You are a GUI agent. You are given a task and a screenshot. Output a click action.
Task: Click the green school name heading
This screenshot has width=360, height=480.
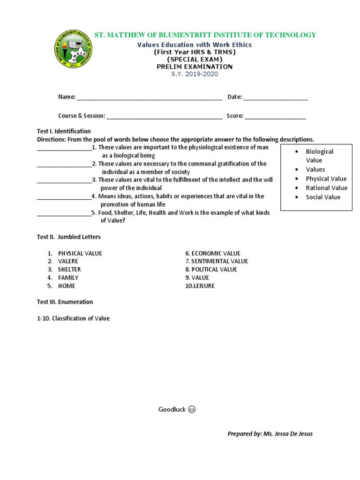[x=205, y=35]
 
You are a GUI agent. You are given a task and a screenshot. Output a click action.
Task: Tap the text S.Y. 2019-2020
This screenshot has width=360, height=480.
[x=194, y=74]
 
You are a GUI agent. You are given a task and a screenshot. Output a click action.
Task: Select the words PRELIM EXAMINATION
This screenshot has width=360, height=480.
[x=194, y=67]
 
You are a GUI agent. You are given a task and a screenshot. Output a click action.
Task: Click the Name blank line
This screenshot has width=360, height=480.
[x=149, y=97]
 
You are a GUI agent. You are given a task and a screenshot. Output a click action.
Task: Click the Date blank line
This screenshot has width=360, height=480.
[x=276, y=97]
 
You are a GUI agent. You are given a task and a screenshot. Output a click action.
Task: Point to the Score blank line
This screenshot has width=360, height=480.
[x=275, y=116]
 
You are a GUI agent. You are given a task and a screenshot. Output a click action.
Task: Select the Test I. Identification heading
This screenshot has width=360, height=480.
[x=64, y=131]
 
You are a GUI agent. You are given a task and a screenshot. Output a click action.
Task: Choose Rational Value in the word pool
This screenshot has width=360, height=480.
[x=326, y=188]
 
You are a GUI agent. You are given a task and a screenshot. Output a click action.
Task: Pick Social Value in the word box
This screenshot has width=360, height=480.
[x=323, y=197]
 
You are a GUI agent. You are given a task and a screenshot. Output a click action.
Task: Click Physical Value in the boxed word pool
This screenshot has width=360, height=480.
[x=326, y=179]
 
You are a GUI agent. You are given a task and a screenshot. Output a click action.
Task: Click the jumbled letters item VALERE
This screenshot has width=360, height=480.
[x=68, y=261]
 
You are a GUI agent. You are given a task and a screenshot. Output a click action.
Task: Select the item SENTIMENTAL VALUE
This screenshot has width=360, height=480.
[x=219, y=261]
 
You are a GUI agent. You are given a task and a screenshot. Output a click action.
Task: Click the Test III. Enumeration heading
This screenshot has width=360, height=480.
[x=65, y=302]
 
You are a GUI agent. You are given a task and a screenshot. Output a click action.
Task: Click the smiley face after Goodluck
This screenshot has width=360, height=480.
[x=192, y=410]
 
